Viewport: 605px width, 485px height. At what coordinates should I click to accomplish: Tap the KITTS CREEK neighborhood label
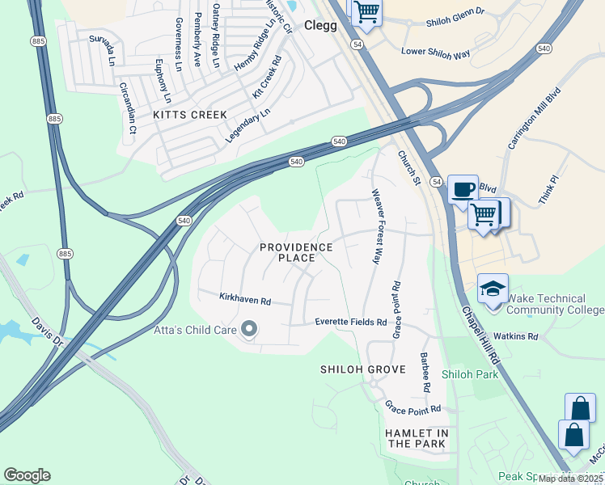190,116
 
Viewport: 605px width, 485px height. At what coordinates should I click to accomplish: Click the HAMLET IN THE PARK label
416,439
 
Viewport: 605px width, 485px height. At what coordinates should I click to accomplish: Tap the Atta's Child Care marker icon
248,329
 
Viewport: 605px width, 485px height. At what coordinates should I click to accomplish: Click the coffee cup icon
463,189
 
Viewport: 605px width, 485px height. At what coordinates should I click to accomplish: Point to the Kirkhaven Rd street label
245,299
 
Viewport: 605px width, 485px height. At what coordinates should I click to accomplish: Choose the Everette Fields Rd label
351,323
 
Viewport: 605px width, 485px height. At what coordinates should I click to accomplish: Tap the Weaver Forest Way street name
375,226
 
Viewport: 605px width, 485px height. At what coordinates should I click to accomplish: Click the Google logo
27,475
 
